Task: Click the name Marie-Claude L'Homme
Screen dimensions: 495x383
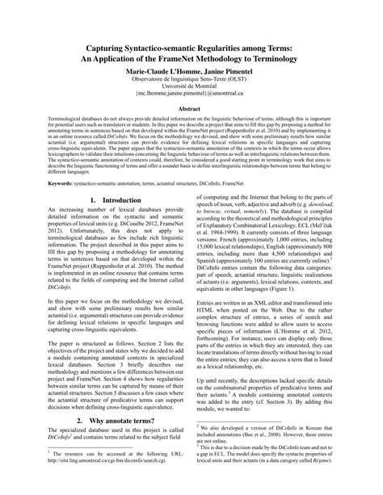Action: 160,73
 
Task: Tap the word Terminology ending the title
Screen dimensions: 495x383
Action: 290,61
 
